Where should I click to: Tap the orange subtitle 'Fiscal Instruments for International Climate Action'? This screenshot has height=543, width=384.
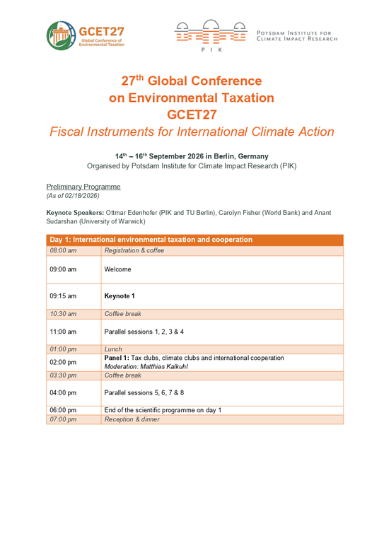192,132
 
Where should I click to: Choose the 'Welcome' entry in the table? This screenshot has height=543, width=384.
118,269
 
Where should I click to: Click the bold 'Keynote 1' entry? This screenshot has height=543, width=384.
119,296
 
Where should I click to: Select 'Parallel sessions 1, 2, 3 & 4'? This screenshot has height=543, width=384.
144,331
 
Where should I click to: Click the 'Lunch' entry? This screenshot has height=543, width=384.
113,349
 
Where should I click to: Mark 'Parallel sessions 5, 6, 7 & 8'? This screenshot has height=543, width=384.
144,392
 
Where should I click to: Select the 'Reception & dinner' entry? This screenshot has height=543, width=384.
132,419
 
